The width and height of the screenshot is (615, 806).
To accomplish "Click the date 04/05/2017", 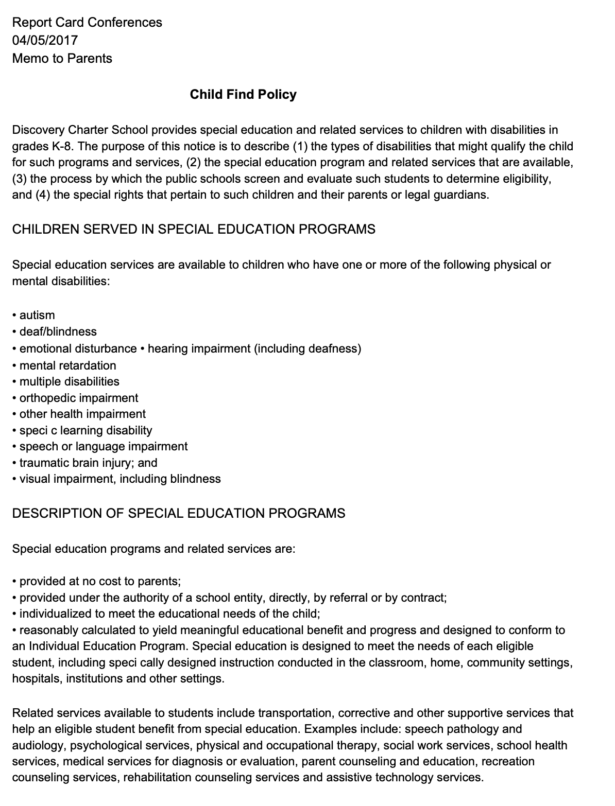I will [45, 40].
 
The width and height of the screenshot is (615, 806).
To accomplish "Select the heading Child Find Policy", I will [243, 94].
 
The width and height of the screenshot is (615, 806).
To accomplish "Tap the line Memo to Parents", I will [62, 58].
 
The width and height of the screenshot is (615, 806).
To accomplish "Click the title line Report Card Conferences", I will [87, 22].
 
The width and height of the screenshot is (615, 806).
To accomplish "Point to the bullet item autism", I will [37, 315].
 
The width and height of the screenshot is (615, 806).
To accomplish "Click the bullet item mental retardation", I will [67, 365].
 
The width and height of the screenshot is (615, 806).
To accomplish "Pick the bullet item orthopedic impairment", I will [78, 398].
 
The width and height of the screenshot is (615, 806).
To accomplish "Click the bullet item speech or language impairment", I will [103, 446].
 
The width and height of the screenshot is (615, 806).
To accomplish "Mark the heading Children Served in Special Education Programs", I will [194, 229].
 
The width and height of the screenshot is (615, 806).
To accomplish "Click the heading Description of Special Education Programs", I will [179, 513].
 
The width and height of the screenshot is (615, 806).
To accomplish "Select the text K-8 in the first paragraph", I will [61, 146].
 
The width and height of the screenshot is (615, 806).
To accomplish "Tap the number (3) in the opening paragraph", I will [21, 179].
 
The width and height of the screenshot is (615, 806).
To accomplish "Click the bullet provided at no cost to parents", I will [100, 581].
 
